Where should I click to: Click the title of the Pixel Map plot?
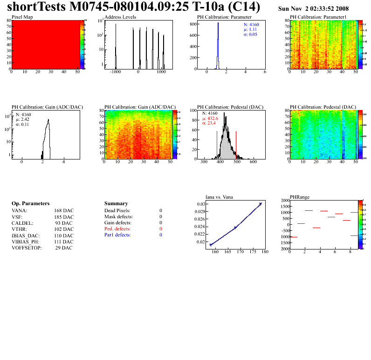click(x=22, y=17)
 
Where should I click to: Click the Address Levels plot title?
click(x=120, y=17)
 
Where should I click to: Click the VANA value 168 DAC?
click(x=64, y=210)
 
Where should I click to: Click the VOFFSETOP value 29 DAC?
click(x=64, y=248)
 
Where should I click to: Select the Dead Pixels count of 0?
click(x=161, y=210)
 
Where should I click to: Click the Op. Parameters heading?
click(x=30, y=204)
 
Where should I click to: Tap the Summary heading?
click(x=116, y=204)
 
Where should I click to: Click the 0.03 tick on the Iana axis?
click(x=200, y=204)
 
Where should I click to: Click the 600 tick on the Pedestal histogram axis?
click(x=253, y=162)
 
